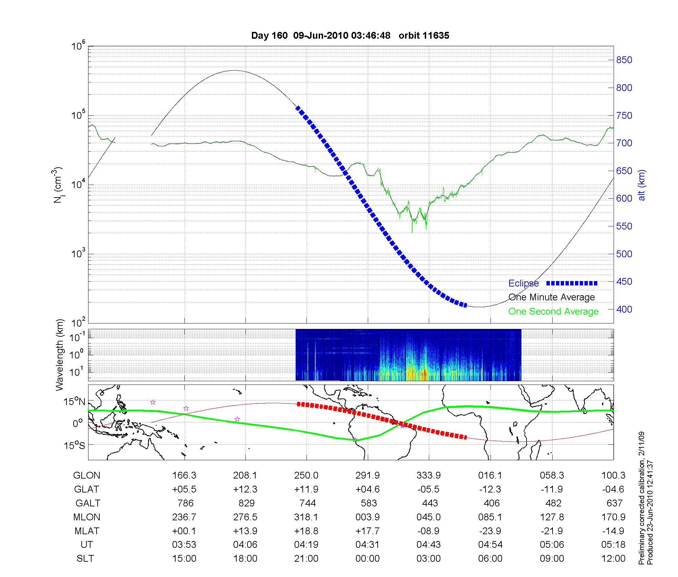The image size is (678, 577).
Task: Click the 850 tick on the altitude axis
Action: [x=624, y=60]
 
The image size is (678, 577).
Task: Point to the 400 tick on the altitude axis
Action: [x=624, y=309]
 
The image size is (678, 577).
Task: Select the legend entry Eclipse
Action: [x=523, y=283]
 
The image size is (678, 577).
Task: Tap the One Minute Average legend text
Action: [x=552, y=297]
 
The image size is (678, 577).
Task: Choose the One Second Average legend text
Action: [x=553, y=312]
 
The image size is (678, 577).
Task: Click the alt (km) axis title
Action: [x=642, y=185]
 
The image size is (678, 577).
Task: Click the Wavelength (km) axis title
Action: [x=60, y=355]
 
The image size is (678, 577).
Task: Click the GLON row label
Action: [x=87, y=476]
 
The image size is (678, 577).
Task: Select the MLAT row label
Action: [x=87, y=531]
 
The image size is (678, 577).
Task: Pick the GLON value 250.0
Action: [x=306, y=476]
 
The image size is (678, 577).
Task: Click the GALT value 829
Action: [x=246, y=503]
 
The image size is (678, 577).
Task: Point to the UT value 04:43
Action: [x=429, y=544]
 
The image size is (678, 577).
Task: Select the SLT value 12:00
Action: [x=614, y=558]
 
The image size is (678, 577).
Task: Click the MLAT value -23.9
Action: [x=490, y=531]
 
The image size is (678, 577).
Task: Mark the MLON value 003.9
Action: [x=368, y=517]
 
